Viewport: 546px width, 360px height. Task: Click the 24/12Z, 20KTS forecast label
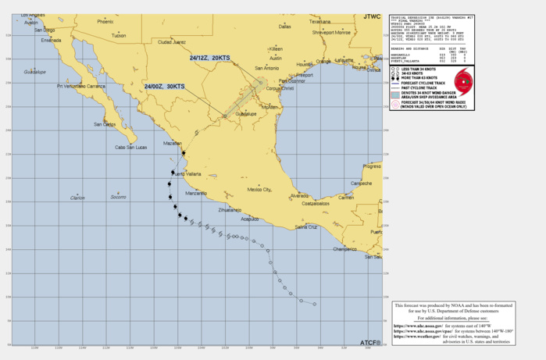click(210, 58)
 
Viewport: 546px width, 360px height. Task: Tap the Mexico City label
click(259, 189)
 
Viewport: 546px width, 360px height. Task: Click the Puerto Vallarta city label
click(187, 173)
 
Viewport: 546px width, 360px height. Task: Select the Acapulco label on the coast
click(249, 219)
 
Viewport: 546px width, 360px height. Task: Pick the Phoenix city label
click(105, 22)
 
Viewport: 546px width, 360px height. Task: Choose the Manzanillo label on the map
click(195, 193)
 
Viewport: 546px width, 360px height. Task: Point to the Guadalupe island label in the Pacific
click(34, 72)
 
